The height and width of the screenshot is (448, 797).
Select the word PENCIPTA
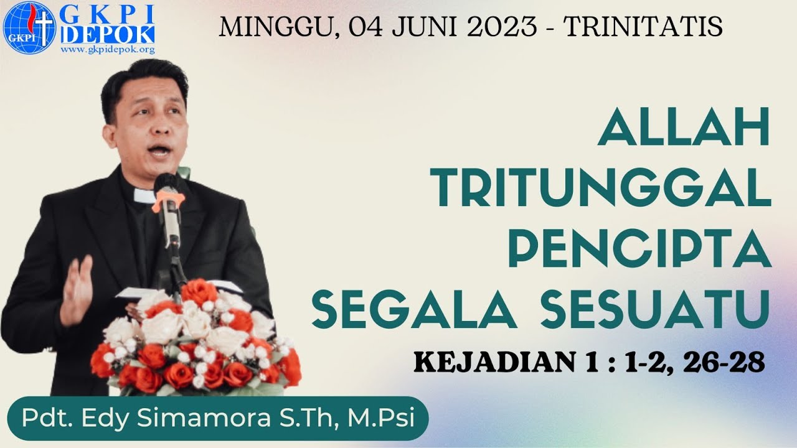point(639,248)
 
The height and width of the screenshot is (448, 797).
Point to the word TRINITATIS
point(643,27)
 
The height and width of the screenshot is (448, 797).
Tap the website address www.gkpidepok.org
point(108,50)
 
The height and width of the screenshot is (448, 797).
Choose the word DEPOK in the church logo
point(108,35)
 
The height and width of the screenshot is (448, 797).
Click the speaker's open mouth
point(158,151)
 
